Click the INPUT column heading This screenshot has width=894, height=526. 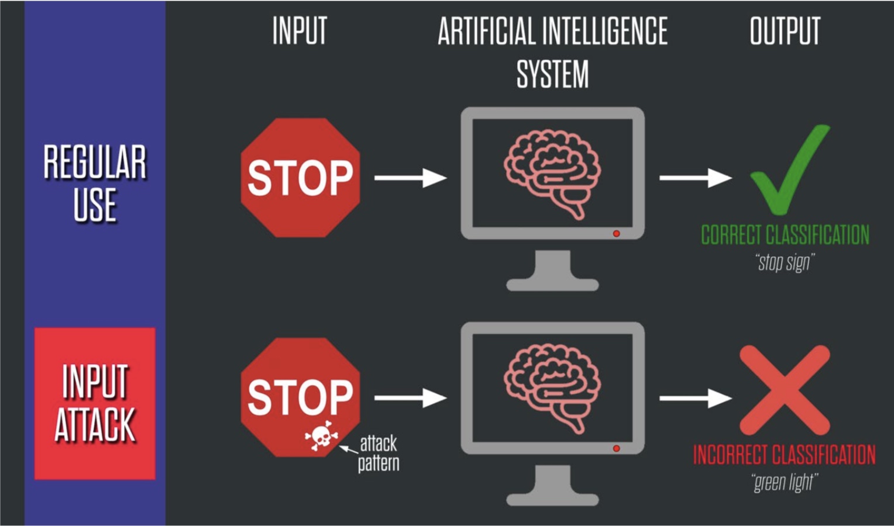300,32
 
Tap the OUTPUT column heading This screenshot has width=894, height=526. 785,32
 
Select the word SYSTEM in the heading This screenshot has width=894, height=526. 552,74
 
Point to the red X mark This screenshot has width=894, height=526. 784,390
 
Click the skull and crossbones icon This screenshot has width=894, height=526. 321,436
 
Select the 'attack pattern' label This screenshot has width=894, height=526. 379,453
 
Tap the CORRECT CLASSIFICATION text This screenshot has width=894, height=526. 785,235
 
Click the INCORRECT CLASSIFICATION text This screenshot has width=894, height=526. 784,455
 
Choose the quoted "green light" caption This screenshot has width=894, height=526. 784,482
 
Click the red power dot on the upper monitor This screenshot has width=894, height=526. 616,234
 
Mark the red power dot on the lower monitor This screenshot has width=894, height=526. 616,448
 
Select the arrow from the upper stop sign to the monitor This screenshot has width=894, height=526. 410,178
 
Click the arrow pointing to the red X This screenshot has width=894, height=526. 695,398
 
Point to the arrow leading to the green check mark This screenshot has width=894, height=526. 695,178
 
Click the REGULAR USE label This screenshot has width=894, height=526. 95,184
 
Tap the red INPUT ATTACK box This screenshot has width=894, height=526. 95,403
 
